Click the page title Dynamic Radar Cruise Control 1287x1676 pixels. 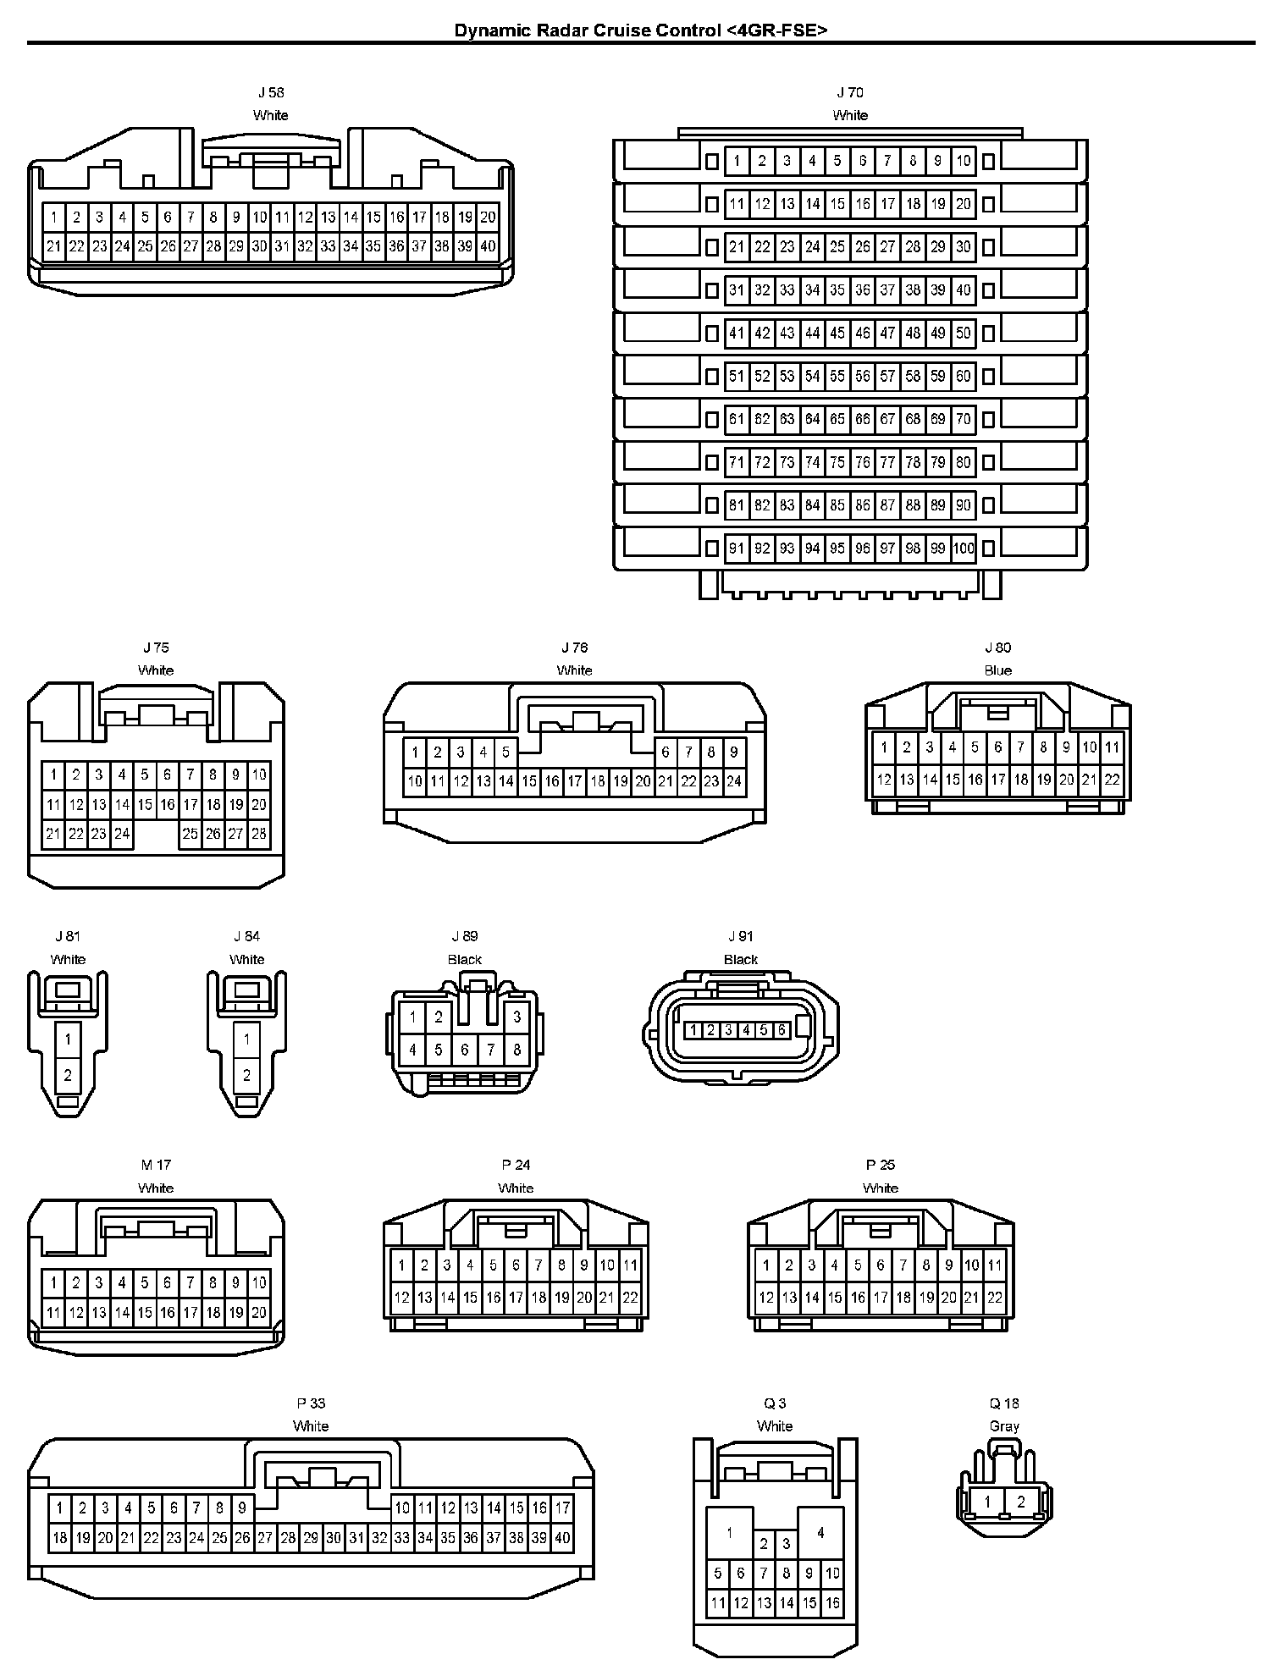pyautogui.click(x=640, y=31)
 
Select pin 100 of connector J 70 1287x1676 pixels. pyautogui.click(x=964, y=549)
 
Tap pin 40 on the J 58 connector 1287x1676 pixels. pyautogui.click(x=488, y=246)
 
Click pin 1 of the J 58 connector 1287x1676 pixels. pyautogui.click(x=54, y=218)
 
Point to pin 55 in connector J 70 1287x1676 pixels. pyautogui.click(x=837, y=376)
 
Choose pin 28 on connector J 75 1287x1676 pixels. pyautogui.click(x=259, y=834)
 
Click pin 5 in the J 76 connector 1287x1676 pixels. pyautogui.click(x=505, y=752)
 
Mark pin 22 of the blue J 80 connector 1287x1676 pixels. pyautogui.click(x=1112, y=780)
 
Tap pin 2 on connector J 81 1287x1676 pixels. pyautogui.click(x=68, y=1075)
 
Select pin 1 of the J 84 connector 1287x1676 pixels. pyautogui.click(x=246, y=1039)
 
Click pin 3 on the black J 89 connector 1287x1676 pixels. pyautogui.click(x=516, y=1017)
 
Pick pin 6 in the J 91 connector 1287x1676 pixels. pyautogui.click(x=782, y=1030)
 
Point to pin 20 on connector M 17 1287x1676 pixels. pyautogui.click(x=259, y=1313)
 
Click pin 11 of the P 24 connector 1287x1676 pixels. pyautogui.click(x=630, y=1265)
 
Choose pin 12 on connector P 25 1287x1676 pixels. pyautogui.click(x=766, y=1297)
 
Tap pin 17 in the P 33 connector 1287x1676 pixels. pyautogui.click(x=562, y=1508)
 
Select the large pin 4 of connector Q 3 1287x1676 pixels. pyautogui.click(x=820, y=1532)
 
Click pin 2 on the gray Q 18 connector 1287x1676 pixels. pyautogui.click(x=1021, y=1502)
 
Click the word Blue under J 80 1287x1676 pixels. pyautogui.click(x=997, y=670)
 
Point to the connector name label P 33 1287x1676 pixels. pyautogui.click(x=311, y=1403)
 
